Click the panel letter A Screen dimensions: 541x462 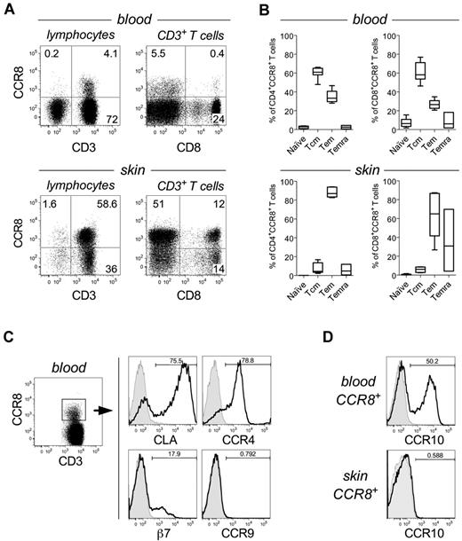click(x=7, y=8)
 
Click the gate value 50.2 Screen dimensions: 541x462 click(x=425, y=359)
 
